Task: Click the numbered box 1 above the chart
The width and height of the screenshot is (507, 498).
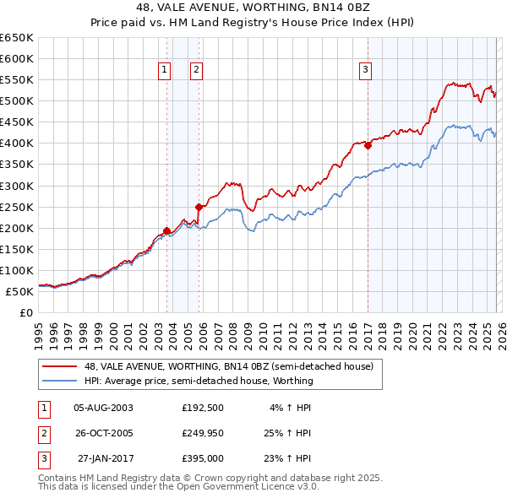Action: (163, 70)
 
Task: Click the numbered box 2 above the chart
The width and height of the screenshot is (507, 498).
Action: (196, 70)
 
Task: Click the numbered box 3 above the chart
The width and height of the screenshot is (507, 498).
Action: (365, 70)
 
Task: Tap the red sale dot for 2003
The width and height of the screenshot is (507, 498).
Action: (166, 230)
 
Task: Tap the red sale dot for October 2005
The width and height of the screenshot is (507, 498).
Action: (199, 206)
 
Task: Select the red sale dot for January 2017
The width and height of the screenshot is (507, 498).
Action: (368, 144)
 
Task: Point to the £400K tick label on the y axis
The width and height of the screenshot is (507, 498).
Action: (17, 143)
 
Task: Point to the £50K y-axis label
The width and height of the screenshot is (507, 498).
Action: (20, 291)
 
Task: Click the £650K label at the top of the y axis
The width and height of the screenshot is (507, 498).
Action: (17, 38)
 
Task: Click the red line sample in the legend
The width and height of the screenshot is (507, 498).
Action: (59, 366)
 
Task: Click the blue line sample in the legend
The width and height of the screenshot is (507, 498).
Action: (59, 381)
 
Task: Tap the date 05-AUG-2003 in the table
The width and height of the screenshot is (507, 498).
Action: (103, 407)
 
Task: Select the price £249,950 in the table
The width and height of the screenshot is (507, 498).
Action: (203, 434)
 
